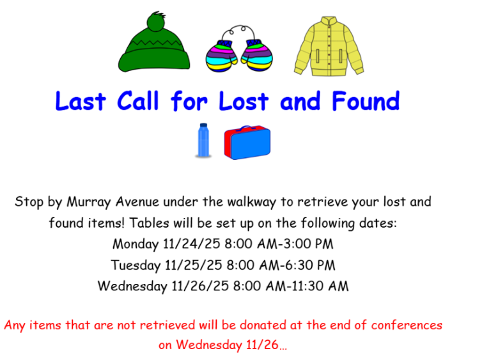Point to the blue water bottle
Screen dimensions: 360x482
pos(203,140)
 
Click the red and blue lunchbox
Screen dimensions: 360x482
pos(247,142)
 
